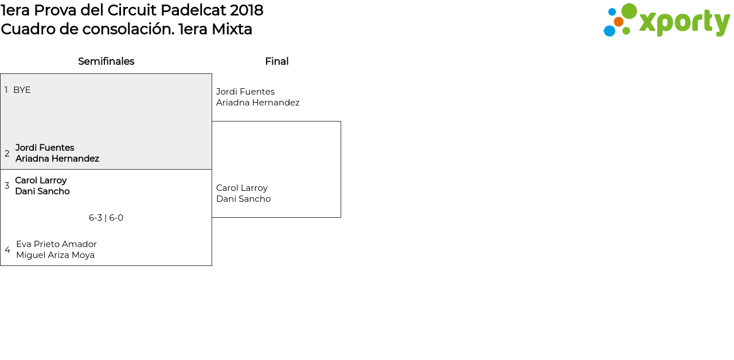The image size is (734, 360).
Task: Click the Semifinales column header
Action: [x=106, y=61]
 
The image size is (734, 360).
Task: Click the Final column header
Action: [x=276, y=61]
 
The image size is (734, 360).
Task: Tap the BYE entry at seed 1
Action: [x=22, y=90]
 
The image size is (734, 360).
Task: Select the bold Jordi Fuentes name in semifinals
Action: [x=45, y=148]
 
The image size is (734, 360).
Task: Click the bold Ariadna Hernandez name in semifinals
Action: [x=57, y=159]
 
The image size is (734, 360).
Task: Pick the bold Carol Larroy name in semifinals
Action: [x=41, y=181]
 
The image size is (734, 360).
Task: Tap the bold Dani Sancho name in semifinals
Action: [x=42, y=191]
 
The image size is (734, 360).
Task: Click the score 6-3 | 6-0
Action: [x=106, y=218]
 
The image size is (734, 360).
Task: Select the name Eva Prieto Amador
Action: [x=56, y=244]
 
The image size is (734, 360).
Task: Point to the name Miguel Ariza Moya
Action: [x=55, y=255]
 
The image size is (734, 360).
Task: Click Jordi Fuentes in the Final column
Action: [x=245, y=92]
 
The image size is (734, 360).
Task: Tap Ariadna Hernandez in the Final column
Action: [x=257, y=103]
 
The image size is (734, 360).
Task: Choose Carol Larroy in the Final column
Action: [x=242, y=188]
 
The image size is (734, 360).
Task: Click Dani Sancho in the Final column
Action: [x=243, y=199]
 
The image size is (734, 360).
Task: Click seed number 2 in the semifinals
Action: [x=7, y=154]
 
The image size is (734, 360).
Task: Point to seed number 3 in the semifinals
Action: [x=7, y=186]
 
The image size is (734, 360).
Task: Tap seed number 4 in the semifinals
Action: [x=7, y=250]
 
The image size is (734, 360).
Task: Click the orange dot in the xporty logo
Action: [x=618, y=22]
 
